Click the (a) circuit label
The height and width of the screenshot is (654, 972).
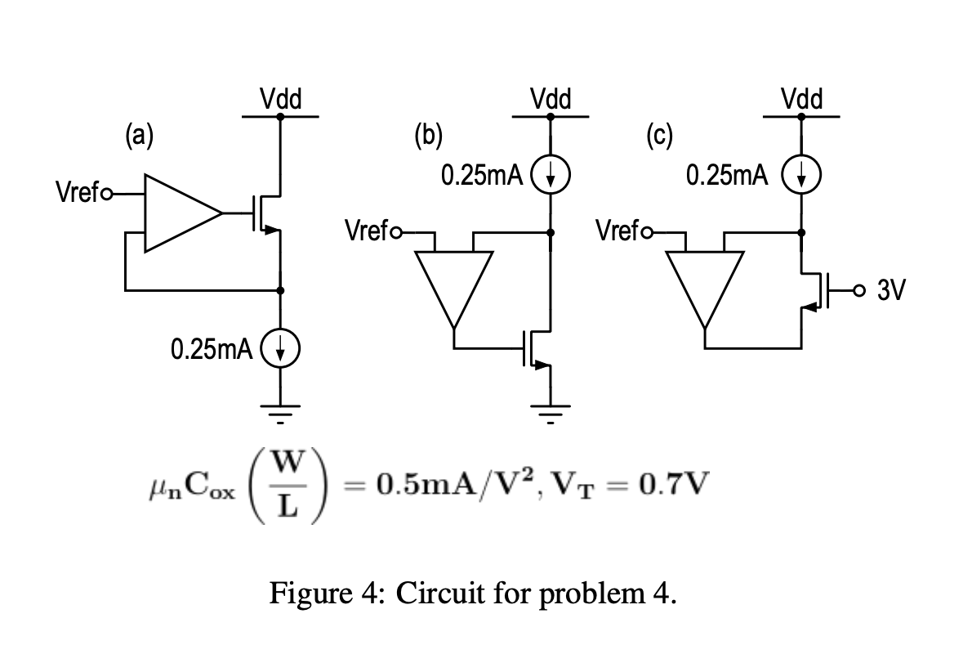(x=139, y=133)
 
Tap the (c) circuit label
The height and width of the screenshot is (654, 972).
(x=658, y=133)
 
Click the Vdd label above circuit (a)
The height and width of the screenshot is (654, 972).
(x=281, y=101)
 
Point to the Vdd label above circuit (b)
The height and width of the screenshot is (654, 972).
(x=551, y=101)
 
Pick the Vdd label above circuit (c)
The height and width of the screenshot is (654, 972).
(x=802, y=101)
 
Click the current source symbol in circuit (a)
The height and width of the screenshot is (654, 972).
(x=280, y=352)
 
